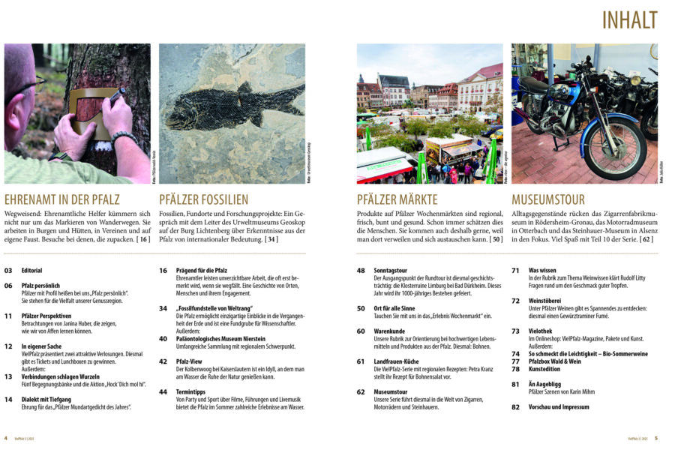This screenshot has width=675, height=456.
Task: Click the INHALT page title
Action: tap(629, 20)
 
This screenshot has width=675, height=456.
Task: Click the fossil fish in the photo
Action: tap(233, 104)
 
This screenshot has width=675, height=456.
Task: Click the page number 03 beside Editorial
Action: tap(9, 270)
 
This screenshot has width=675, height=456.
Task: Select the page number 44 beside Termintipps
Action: tap(163, 392)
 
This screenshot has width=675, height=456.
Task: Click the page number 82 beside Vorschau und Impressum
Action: tap(515, 407)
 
